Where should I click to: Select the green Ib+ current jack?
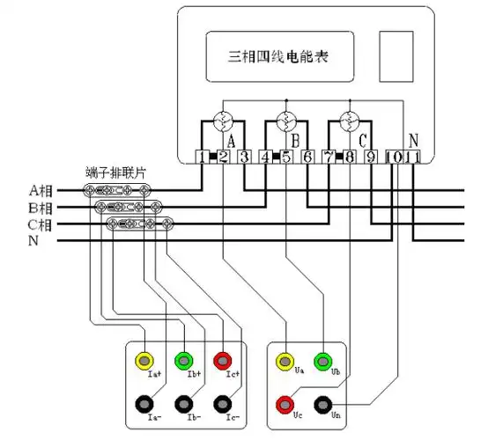pyautogui.click(x=183, y=360)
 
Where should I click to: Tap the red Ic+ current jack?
pyautogui.click(x=224, y=360)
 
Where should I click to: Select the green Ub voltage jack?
pyautogui.click(x=324, y=361)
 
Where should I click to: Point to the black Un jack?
pyautogui.click(x=324, y=404)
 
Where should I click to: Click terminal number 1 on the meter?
pyautogui.click(x=203, y=158)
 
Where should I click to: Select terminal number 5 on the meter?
pyautogui.click(x=286, y=158)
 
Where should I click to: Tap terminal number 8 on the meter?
pyautogui.click(x=350, y=158)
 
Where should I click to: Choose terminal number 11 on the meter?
pyautogui.click(x=413, y=158)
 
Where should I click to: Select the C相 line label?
pyautogui.click(x=41, y=224)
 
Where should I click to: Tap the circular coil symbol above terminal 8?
pyautogui.click(x=350, y=120)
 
